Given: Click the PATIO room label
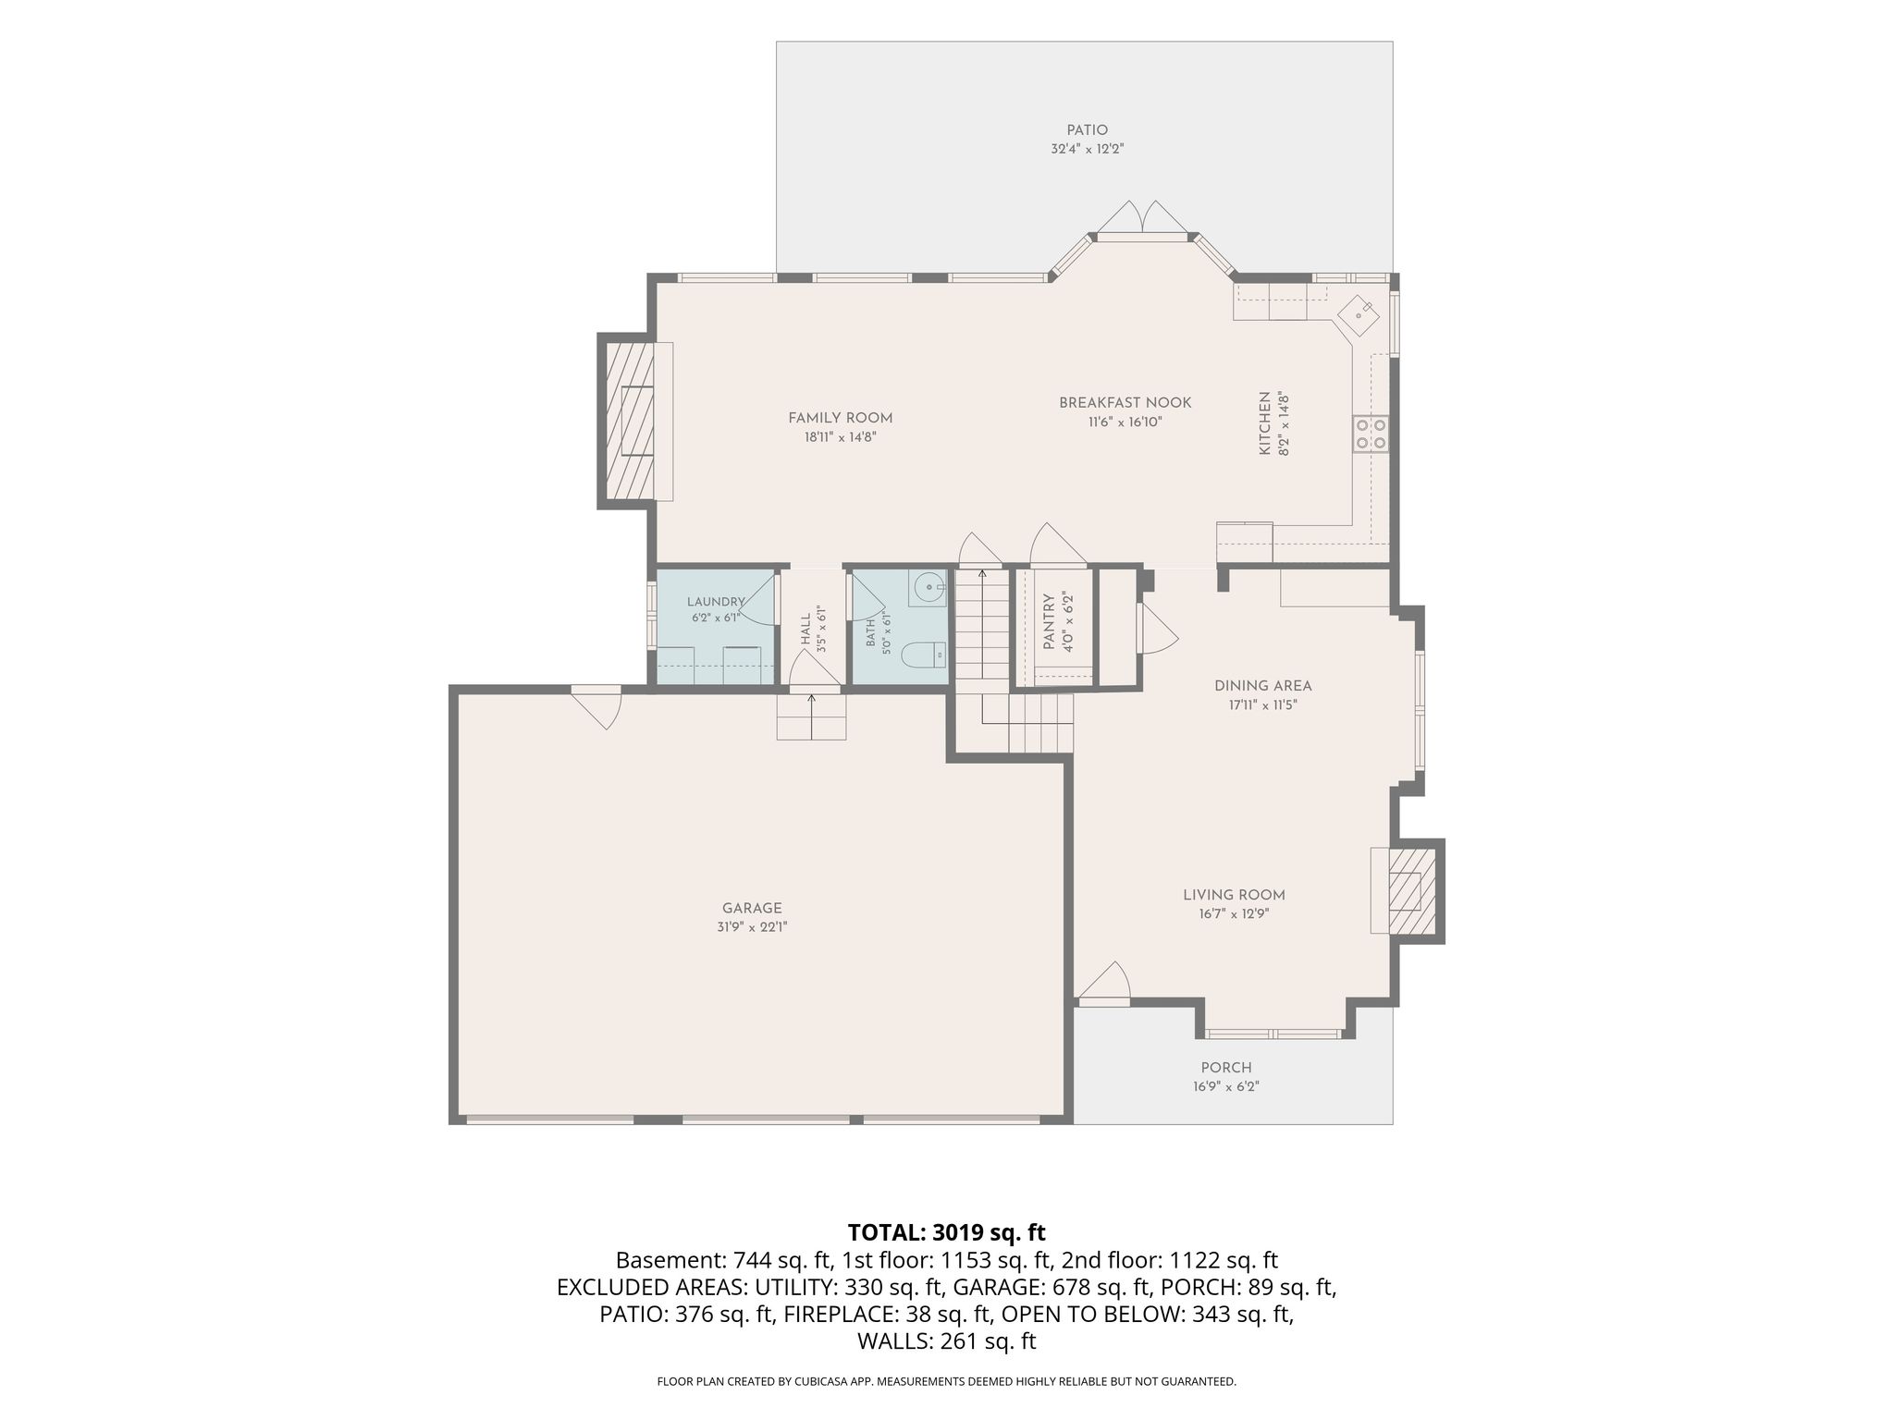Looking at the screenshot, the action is tap(1087, 130).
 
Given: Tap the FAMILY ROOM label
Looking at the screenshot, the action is tap(840, 418).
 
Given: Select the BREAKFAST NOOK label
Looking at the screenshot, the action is tap(1125, 403).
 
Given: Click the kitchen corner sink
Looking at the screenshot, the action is tap(1358, 315).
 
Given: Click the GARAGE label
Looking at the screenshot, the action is tap(752, 908).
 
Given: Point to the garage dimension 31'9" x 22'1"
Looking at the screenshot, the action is tap(752, 927).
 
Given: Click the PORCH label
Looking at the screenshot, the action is tap(1226, 1068).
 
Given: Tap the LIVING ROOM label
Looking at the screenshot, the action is tap(1234, 895).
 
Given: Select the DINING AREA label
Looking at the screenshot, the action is tap(1262, 686).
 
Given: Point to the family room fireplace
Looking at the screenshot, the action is tap(630, 421).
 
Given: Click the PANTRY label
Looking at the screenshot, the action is tap(1050, 621).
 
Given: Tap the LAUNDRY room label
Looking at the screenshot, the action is tap(715, 602).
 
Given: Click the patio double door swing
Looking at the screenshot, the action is tap(1141, 220).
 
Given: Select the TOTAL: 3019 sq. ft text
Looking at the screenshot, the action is tap(946, 1232).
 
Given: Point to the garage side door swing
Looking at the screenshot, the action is tap(596, 707).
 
